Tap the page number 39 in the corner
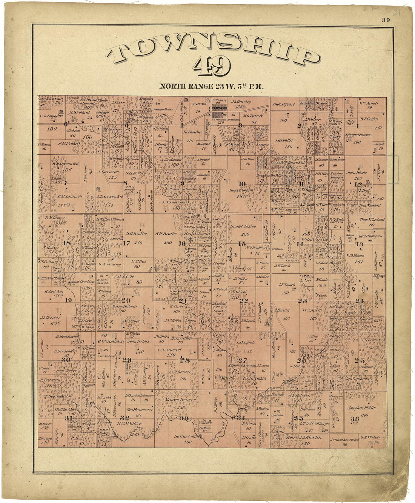(385, 20)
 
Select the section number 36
(355, 419)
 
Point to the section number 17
(126, 243)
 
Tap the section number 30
(66, 360)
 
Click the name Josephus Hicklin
(358, 408)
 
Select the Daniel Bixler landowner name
(243, 226)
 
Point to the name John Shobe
(354, 172)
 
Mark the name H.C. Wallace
(130, 423)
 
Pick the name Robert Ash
(52, 292)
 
